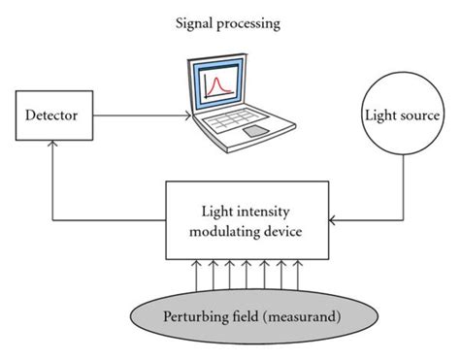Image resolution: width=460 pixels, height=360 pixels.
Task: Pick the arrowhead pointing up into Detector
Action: click(x=53, y=151)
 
